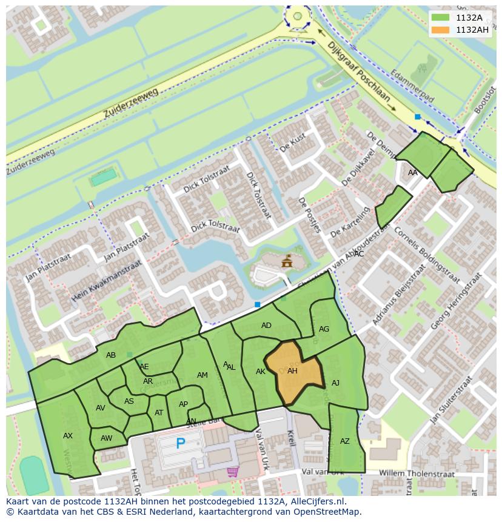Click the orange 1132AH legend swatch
pos(441,30)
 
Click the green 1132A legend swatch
pos(441,18)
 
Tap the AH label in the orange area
pos(292,371)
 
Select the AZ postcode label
pos(345,441)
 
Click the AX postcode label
pos(68,436)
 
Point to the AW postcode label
pos(107,438)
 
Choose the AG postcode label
pos(324,329)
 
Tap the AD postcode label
pos(266,326)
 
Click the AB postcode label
pos(111,355)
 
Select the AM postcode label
pos(202,375)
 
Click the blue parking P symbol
pos(180,444)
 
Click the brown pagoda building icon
pos(287,262)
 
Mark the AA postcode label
pos(413,173)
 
